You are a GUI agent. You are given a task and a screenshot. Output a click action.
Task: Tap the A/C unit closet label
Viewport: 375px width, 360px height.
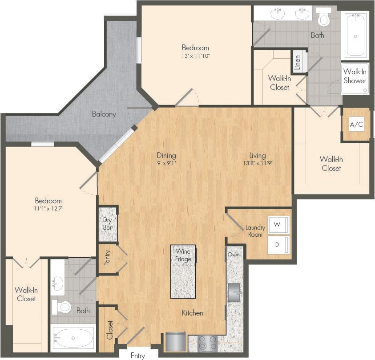click(x=356, y=125)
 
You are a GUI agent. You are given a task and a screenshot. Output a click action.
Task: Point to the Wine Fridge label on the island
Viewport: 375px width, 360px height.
click(x=183, y=255)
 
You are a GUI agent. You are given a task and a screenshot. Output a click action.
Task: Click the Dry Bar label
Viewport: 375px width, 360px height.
click(x=107, y=223)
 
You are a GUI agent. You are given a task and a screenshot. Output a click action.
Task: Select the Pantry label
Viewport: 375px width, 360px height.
click(x=108, y=258)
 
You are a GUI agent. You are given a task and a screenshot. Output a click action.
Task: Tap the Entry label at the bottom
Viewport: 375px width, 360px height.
click(x=138, y=356)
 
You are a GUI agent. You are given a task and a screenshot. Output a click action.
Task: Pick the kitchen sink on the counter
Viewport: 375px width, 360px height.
click(x=234, y=292)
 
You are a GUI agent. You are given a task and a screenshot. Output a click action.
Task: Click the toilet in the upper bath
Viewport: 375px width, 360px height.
click(x=323, y=19)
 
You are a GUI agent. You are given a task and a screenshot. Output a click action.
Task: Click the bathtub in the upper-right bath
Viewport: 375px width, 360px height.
click(x=356, y=33)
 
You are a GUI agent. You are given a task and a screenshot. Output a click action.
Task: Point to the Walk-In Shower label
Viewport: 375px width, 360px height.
click(x=355, y=76)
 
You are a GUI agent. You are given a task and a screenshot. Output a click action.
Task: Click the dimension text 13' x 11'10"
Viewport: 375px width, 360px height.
click(x=195, y=56)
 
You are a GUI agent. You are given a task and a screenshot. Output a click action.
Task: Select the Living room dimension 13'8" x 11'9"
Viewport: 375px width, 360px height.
click(x=257, y=163)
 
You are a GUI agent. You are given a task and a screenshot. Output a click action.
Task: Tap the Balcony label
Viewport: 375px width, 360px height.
click(x=104, y=114)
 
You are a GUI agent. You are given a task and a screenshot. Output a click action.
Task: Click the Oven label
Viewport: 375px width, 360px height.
click(x=234, y=255)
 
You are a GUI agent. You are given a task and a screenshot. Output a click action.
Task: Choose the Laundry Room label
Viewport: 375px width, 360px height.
click(x=255, y=231)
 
